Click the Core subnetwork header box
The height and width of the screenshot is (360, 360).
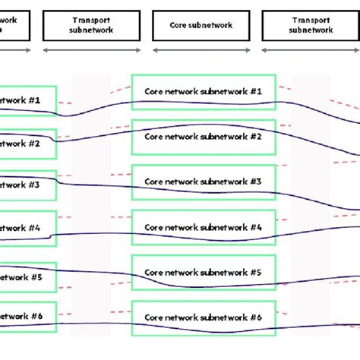203,25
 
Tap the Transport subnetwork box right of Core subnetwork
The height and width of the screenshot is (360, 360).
311,25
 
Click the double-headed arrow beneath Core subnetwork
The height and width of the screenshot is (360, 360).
203,50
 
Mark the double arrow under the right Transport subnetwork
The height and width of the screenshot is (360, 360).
311,50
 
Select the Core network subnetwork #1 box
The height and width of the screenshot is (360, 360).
203,92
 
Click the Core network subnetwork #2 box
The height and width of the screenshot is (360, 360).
203,137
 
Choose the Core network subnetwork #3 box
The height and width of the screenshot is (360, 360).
203,182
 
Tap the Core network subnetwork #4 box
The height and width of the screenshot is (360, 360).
203,227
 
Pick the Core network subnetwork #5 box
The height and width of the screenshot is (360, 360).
203,272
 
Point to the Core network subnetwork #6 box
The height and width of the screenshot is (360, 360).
203,317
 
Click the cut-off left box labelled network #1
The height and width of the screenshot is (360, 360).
27,100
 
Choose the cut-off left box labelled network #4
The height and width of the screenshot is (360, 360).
27,227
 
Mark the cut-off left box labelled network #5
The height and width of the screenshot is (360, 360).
27,277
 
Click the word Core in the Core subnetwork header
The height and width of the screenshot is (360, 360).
184,25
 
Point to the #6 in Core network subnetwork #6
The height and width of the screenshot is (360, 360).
256,317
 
